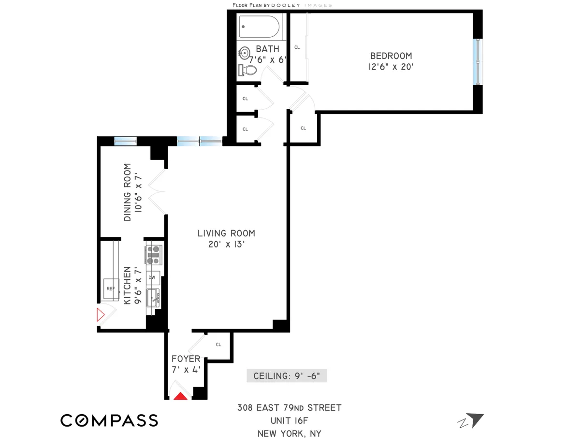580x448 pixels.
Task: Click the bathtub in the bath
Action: coord(259,28)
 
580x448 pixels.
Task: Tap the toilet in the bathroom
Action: coord(248,70)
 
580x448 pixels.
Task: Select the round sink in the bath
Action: coord(245,52)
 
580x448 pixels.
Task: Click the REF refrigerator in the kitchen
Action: coord(111,289)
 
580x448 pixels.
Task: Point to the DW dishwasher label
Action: coord(152,277)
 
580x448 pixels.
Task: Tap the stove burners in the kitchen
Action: coord(154,255)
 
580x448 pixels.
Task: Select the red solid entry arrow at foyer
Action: coord(180,396)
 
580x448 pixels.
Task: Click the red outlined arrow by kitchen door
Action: coord(101,316)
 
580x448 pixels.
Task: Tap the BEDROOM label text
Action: coord(391,56)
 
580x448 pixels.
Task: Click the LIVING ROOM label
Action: coord(226,233)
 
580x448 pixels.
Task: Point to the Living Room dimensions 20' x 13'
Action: coord(226,245)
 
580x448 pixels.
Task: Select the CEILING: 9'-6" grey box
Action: coord(287,376)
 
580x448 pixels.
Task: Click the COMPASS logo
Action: coord(109,420)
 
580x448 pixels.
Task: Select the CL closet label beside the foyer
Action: coord(218,345)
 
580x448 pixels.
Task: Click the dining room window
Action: coord(125,141)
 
